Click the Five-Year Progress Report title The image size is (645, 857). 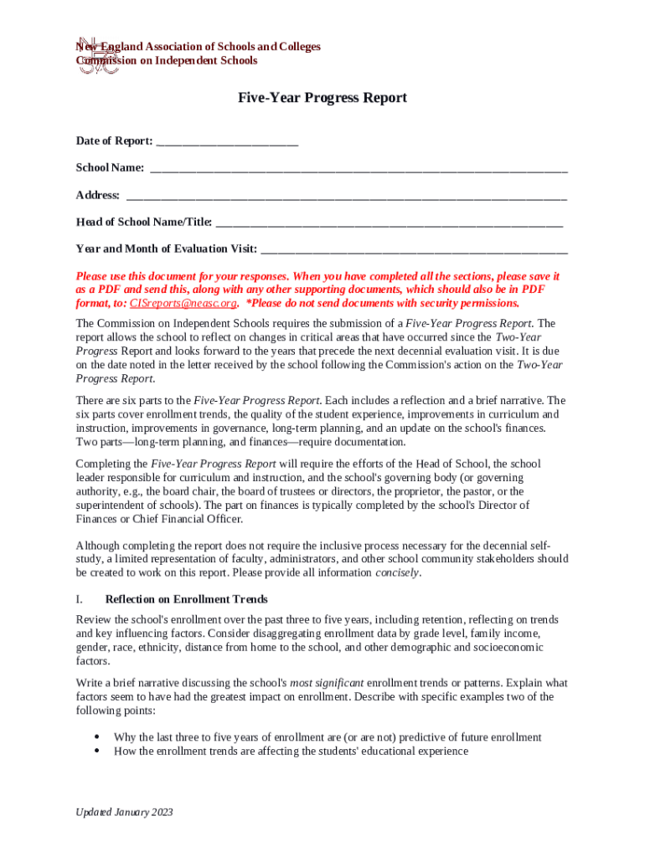pos(322,98)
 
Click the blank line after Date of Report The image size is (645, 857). pos(227,141)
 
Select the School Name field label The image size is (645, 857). pos(110,168)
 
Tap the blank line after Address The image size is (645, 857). pos(346,196)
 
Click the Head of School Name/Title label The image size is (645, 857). pos(143,223)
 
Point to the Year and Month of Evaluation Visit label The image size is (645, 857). pos(166,249)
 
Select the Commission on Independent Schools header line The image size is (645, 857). pos(167,60)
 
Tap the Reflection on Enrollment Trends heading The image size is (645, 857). pos(186,599)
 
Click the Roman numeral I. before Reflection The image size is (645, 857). pos(79,599)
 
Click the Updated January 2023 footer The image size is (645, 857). pos(124,813)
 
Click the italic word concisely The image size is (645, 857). pos(397,573)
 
